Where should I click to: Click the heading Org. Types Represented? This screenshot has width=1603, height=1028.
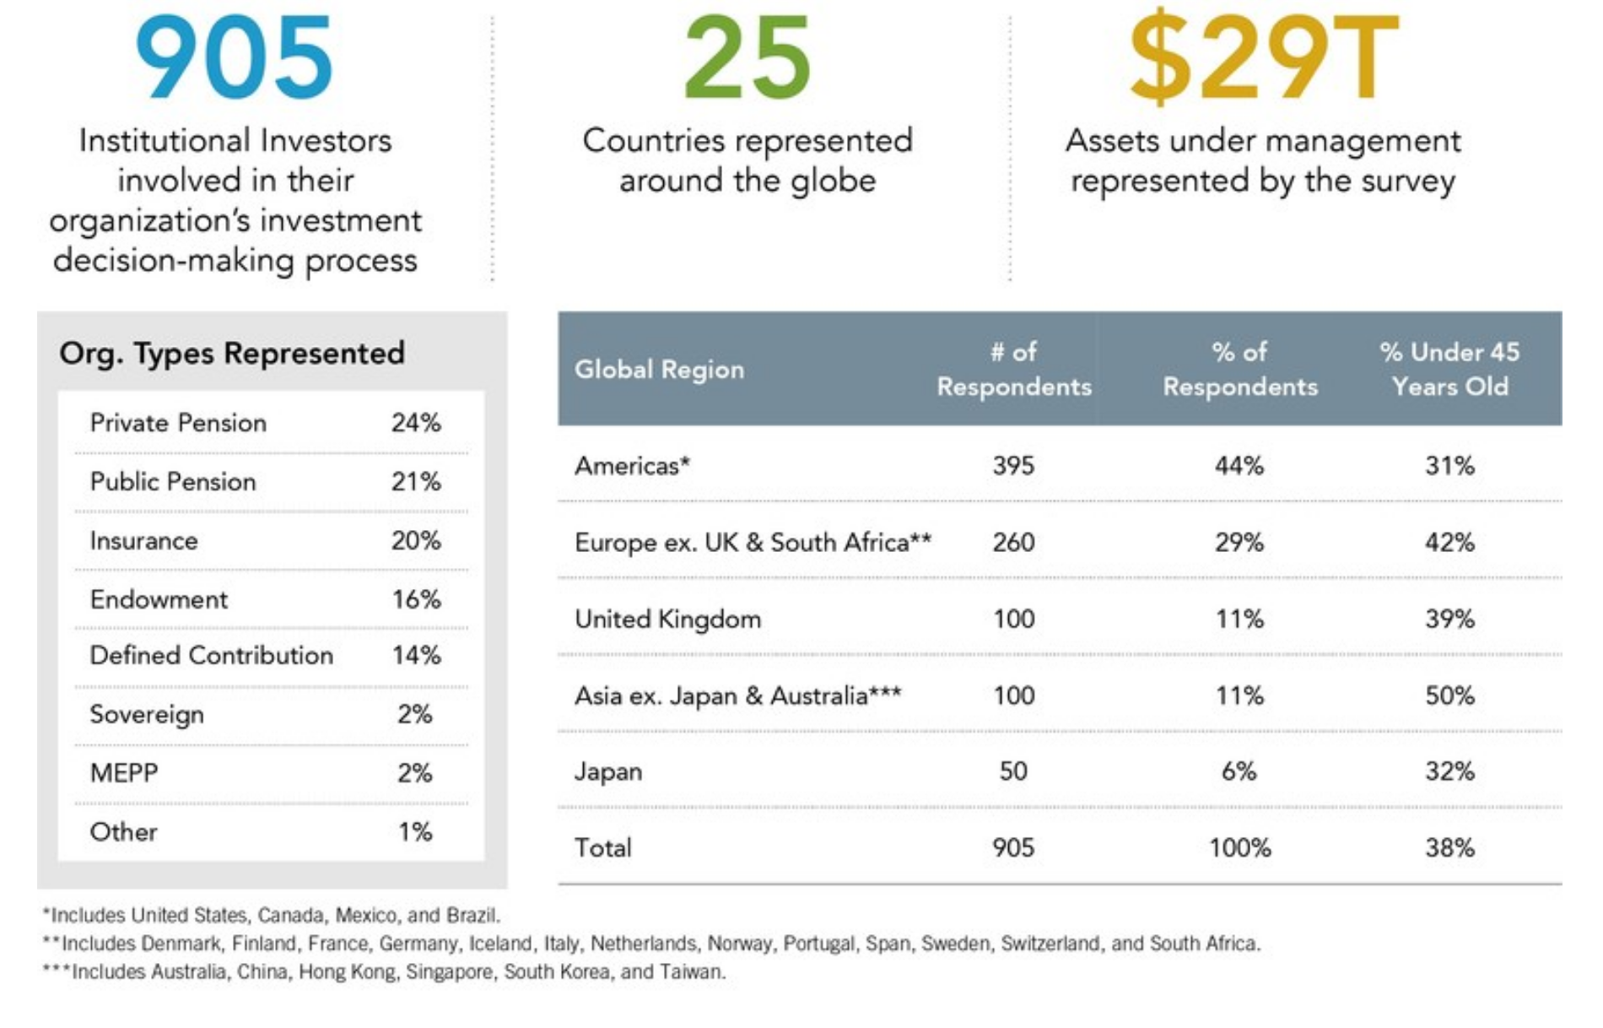click(x=232, y=353)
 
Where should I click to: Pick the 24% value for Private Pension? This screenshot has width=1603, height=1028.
click(x=416, y=423)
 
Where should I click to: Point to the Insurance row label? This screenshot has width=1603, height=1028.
click(x=144, y=541)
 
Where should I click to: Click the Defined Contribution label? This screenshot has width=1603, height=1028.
click(x=212, y=656)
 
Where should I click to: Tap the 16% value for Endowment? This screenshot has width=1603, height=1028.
click(x=416, y=600)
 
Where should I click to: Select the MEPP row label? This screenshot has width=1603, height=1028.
click(x=124, y=773)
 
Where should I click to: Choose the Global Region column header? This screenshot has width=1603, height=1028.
click(x=660, y=370)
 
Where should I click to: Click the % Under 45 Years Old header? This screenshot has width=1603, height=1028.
click(x=1449, y=369)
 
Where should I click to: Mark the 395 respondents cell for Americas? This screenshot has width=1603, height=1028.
click(x=1013, y=466)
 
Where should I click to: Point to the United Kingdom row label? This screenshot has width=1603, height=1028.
click(x=668, y=620)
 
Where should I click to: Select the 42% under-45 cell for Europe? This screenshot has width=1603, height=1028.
click(x=1449, y=543)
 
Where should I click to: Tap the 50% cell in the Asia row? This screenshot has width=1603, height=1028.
click(x=1449, y=696)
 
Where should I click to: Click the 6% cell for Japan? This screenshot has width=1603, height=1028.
click(x=1239, y=771)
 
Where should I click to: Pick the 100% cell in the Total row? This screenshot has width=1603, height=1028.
click(x=1239, y=848)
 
